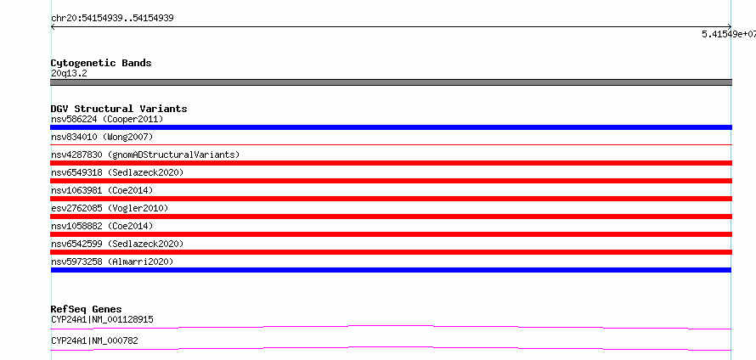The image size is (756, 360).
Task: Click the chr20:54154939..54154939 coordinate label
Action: [x=112, y=19]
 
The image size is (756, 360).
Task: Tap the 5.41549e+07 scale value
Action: [x=729, y=34]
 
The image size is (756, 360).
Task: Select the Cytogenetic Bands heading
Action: [x=101, y=63]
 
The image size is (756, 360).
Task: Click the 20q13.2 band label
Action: [x=69, y=74]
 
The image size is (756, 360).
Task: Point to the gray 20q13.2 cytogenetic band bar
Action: [x=391, y=82]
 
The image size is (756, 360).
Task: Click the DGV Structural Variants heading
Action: [x=119, y=109]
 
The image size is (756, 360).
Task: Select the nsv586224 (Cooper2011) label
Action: [x=107, y=119]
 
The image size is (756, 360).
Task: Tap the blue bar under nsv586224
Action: [x=391, y=127]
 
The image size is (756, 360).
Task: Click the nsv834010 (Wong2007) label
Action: [x=102, y=137]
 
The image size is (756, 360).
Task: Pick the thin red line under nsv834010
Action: [x=391, y=144]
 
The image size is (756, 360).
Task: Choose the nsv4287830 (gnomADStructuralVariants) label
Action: [x=145, y=155]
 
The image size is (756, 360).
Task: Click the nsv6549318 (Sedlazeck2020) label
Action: [x=117, y=172]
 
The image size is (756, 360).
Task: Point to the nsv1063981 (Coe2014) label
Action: [x=102, y=190]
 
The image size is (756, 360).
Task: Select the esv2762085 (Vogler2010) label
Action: [x=110, y=208]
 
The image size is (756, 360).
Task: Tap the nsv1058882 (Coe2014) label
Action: [x=102, y=226]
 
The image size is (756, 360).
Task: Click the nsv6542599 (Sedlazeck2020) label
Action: [x=117, y=244]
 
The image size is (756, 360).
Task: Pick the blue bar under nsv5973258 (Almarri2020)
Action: [x=391, y=270]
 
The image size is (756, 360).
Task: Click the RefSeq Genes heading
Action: [x=87, y=309]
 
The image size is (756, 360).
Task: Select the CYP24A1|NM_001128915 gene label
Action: [x=102, y=319]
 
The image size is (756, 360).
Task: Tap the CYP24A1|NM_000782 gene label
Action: [x=94, y=340]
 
